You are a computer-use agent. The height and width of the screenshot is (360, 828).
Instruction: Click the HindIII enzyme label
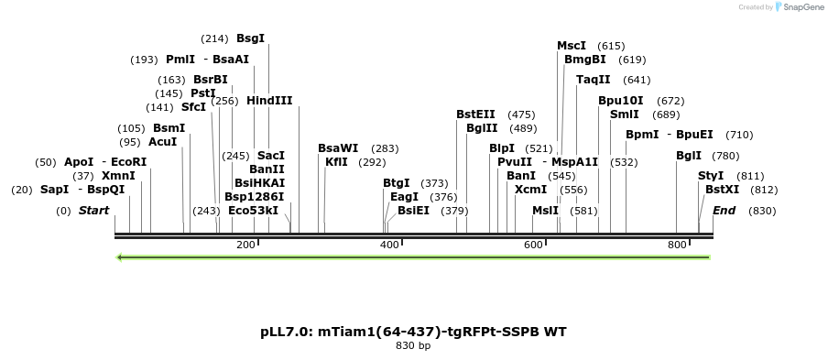coord(269,101)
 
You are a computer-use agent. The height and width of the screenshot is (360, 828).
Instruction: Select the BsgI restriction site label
coord(250,38)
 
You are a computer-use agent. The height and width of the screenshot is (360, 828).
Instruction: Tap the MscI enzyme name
coord(572,46)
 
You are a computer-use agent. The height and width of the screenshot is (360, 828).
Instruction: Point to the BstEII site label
coord(476,115)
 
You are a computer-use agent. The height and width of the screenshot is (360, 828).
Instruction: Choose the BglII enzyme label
coord(482,128)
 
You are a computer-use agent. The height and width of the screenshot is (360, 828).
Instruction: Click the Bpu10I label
coord(621,101)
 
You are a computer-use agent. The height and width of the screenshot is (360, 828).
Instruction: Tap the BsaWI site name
coord(338,148)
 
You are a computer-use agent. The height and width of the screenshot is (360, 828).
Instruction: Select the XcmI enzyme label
coord(530,190)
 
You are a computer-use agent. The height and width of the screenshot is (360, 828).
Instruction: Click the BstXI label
coord(722,190)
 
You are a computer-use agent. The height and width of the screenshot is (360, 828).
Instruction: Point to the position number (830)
coord(762,211)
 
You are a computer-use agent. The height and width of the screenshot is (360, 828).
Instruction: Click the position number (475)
coord(521,115)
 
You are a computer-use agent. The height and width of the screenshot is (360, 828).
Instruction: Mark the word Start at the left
coord(93,211)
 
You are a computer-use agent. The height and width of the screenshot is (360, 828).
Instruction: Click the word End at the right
coord(724,211)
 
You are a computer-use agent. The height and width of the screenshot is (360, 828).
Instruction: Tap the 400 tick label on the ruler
coord(390,245)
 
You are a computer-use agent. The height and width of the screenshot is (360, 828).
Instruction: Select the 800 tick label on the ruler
coord(678,245)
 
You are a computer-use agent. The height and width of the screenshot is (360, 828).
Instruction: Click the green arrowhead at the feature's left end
coord(120,256)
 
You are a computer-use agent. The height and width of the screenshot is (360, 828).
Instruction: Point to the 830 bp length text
coord(413,346)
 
